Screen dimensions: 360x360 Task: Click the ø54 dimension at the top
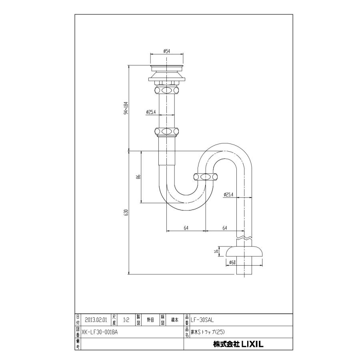pyautogui.click(x=167, y=51)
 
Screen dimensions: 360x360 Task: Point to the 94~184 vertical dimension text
pyautogui.click(x=126, y=107)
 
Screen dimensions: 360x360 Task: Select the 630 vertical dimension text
pyautogui.click(x=125, y=212)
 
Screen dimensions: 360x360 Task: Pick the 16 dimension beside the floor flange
pyautogui.click(x=216, y=252)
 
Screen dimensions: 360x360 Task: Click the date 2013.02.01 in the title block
pyautogui.click(x=96, y=320)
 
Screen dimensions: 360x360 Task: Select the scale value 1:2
pyautogui.click(x=126, y=320)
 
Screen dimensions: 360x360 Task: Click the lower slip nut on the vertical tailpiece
pyautogui.click(x=166, y=131)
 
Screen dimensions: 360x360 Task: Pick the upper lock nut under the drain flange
pyautogui.click(x=166, y=88)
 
